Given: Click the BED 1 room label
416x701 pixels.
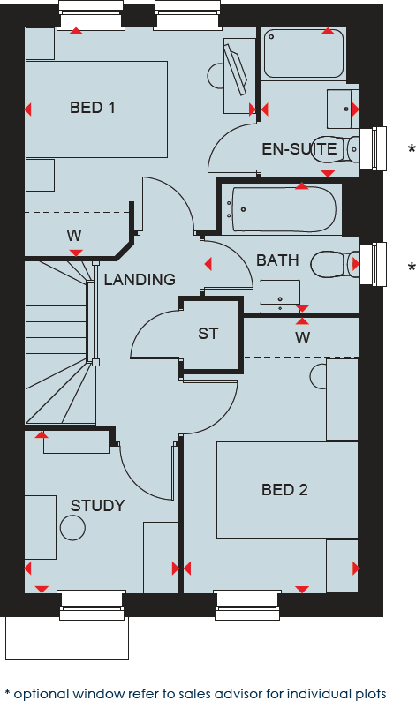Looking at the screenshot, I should [93, 109].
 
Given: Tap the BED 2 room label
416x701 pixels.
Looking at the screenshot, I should [284, 490].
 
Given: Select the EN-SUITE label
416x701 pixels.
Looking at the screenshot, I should [299, 149].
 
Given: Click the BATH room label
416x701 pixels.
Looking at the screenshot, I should [277, 260].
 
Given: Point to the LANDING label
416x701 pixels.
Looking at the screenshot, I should [140, 280].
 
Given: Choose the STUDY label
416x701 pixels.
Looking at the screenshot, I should [97, 506].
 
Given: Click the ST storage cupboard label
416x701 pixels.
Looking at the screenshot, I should [208, 334].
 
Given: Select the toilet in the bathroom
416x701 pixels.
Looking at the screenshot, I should [334, 263].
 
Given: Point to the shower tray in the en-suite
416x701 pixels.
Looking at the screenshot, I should [303, 53].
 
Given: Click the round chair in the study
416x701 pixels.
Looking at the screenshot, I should [72, 528].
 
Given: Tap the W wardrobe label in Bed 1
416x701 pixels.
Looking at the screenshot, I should [74, 236].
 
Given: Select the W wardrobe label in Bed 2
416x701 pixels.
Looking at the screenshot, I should [303, 337].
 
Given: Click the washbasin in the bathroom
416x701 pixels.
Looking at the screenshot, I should [280, 296].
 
